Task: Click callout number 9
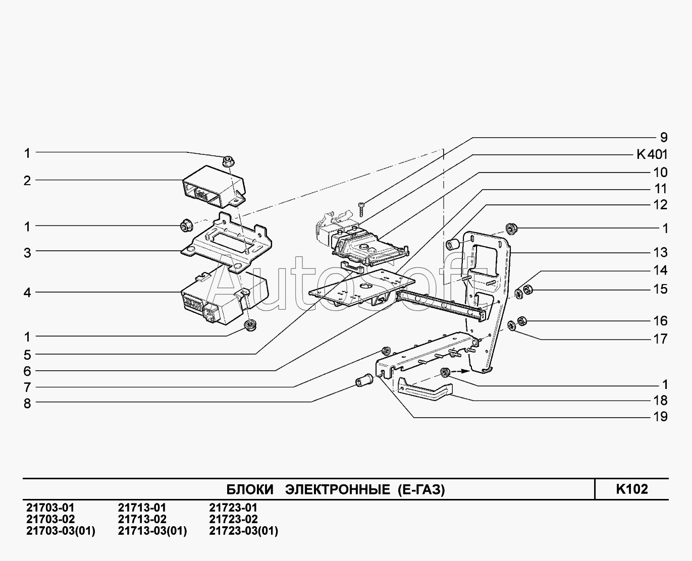[x=663, y=138]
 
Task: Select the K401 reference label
[x=652, y=155]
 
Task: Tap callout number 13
[x=660, y=252]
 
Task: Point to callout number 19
[x=660, y=417]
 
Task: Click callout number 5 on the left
[x=27, y=355]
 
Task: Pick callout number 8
[x=27, y=404]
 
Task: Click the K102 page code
[x=631, y=489]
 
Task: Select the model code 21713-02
[x=142, y=520]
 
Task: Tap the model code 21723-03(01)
[x=243, y=531]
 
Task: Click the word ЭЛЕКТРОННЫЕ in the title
[x=337, y=490]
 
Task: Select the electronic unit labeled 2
[x=212, y=186]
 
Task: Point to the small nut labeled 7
[x=387, y=351]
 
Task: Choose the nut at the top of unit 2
[x=227, y=161]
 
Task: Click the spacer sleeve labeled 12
[x=453, y=245]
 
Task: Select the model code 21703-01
[x=50, y=508]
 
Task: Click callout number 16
[x=660, y=321]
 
